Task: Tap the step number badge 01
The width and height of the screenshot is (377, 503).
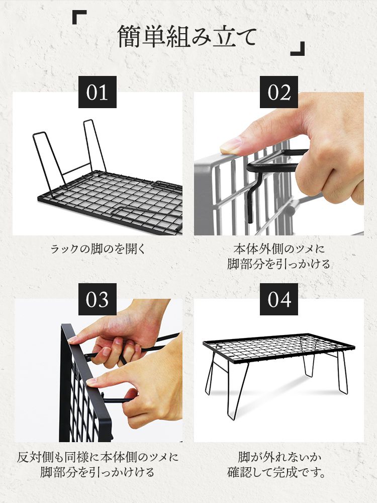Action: coord(97,92)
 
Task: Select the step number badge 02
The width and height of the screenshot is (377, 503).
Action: coord(279,92)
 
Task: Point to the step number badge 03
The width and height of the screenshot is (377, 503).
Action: coord(97,299)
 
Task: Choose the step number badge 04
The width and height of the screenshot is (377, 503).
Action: coord(279,299)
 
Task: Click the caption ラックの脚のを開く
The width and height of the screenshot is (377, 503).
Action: coord(98,249)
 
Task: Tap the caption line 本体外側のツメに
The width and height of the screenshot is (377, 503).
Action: coord(279,249)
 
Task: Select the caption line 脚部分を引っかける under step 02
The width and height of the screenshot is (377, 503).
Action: coord(279,264)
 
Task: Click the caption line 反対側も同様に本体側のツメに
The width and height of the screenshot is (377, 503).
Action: coord(98,457)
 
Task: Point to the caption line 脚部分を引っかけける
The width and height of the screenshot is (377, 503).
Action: coord(98,472)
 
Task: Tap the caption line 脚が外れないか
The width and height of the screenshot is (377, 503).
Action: coord(279,457)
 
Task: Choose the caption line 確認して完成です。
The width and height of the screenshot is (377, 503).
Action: coord(277,472)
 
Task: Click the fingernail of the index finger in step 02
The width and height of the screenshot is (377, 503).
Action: coord(231,146)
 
